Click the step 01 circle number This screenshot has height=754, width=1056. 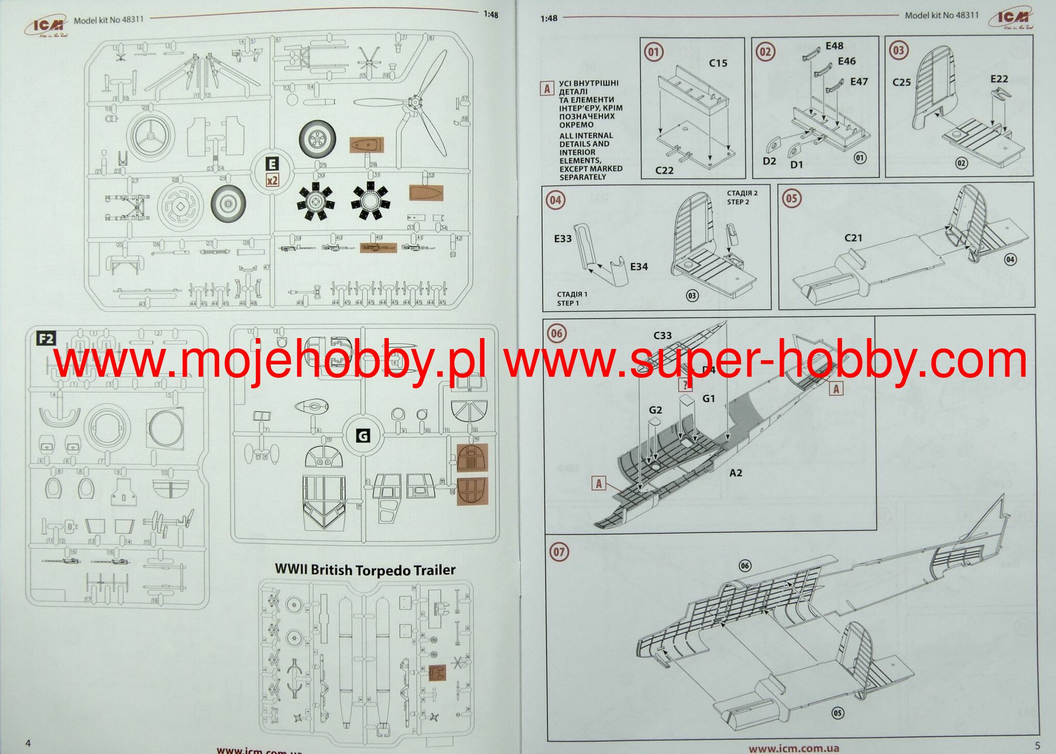[x=653, y=52]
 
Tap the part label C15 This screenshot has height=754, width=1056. [x=718, y=63]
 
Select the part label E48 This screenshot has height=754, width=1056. [x=834, y=46]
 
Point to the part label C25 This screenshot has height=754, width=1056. [x=901, y=82]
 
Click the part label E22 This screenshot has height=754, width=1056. [x=999, y=79]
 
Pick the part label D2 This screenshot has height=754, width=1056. [x=769, y=161]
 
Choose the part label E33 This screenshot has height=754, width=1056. [x=563, y=239]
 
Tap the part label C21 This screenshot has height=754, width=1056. [x=853, y=238]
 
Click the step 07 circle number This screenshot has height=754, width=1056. [x=559, y=552]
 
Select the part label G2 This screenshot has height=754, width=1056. [x=655, y=410]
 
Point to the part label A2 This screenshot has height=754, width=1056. [x=735, y=473]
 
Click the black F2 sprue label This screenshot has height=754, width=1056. [x=46, y=339]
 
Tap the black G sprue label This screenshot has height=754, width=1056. [x=363, y=436]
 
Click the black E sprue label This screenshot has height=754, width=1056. [x=272, y=164]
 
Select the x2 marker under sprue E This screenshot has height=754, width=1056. [x=272, y=180]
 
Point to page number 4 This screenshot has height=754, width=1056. [x=28, y=743]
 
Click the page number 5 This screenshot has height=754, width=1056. [x=1037, y=745]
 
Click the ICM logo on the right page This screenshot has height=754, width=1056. [x=1011, y=19]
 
